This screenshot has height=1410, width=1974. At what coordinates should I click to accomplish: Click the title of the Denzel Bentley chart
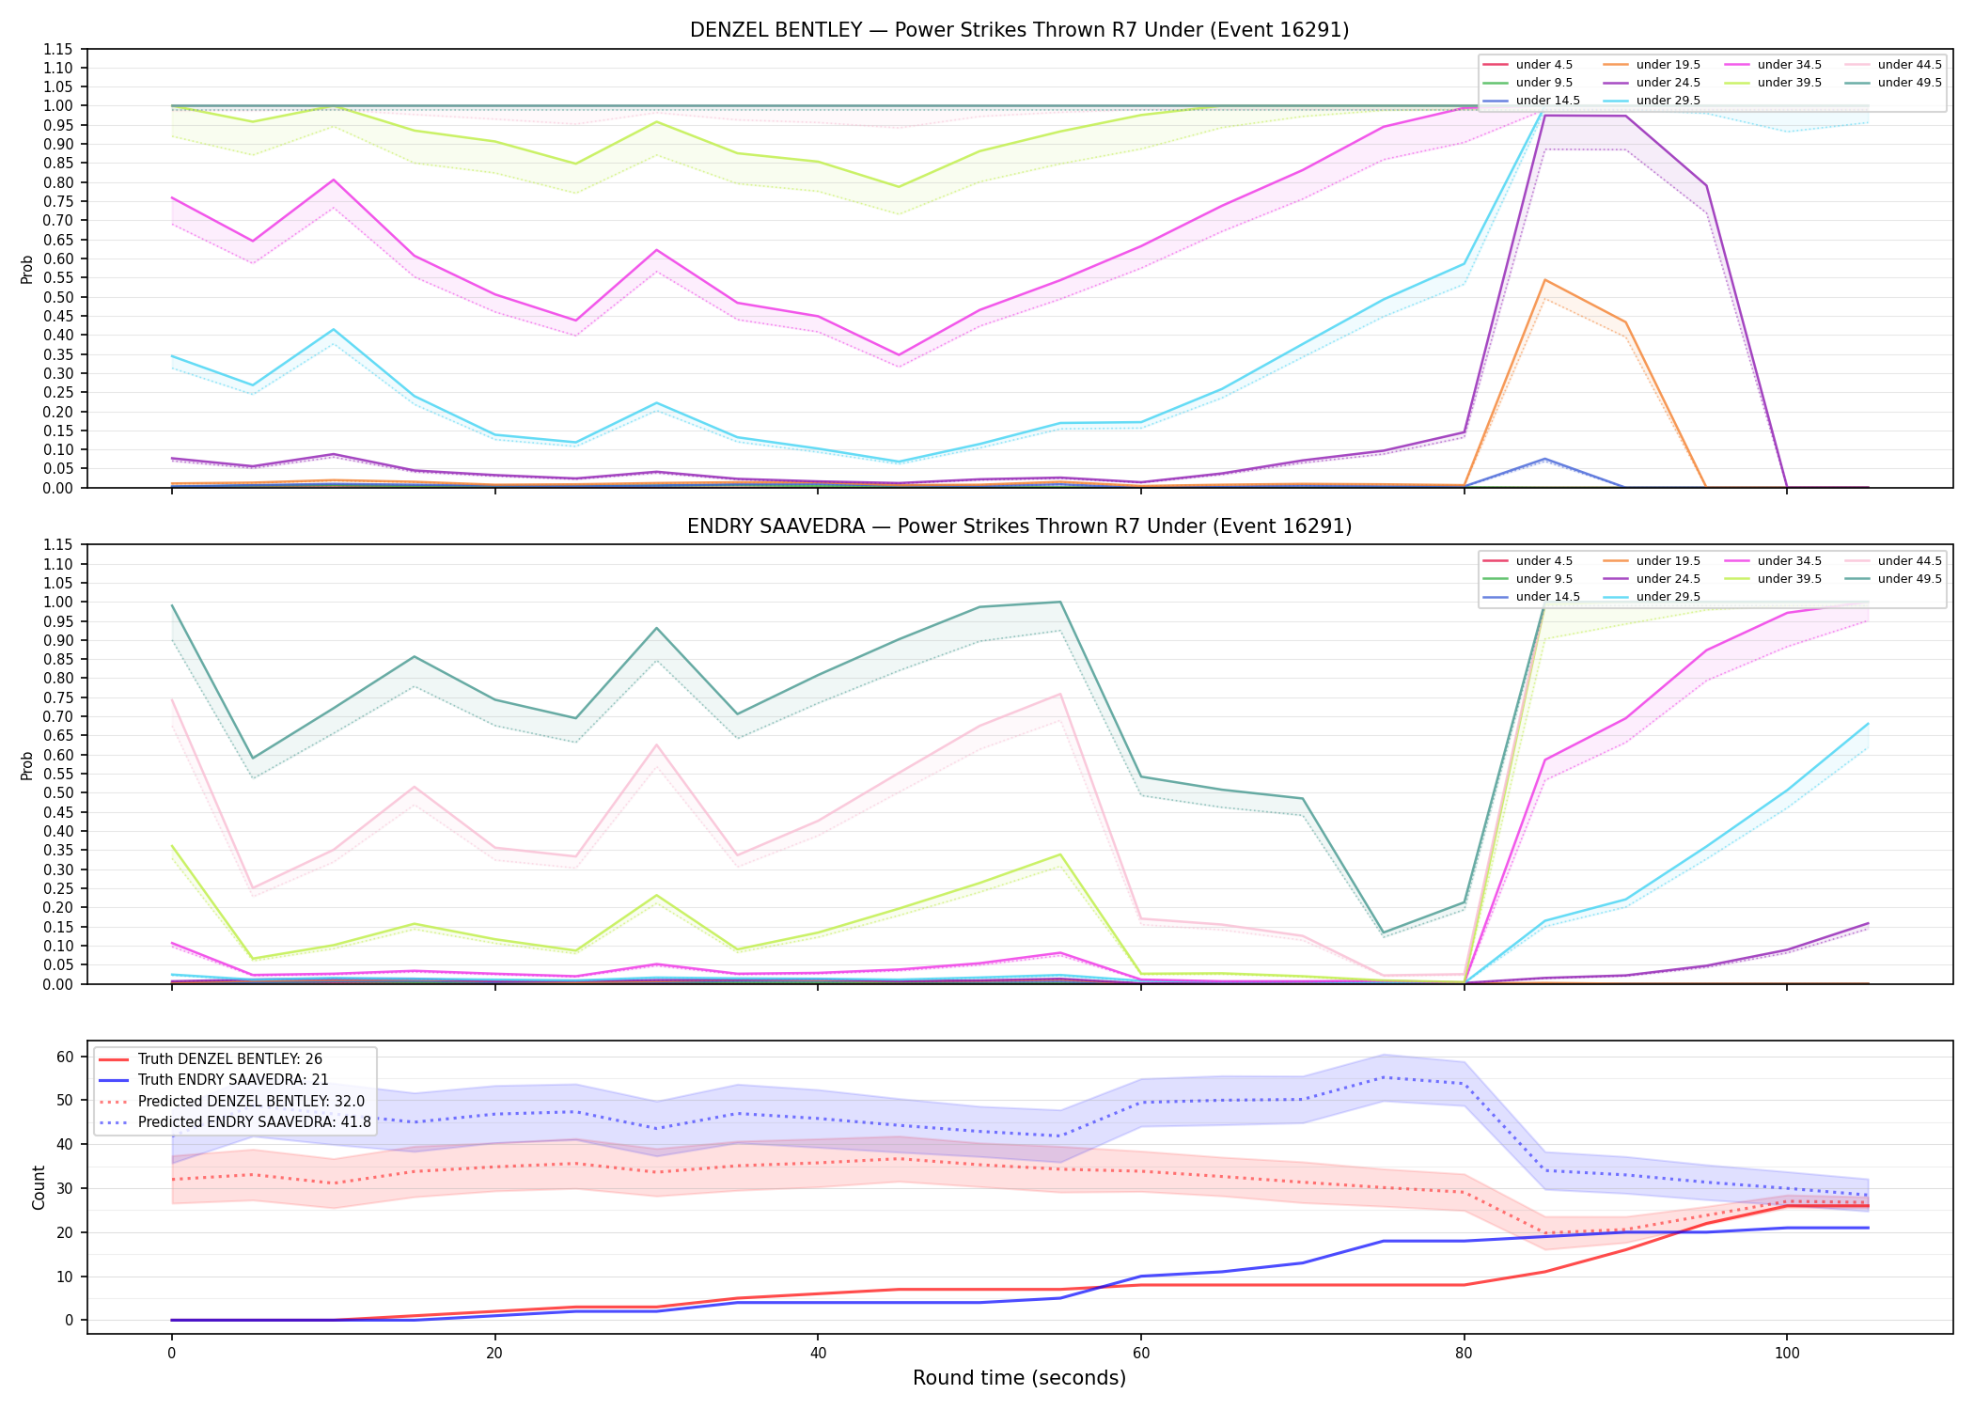pos(1019,30)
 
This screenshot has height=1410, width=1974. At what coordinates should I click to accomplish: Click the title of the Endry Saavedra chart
pos(1019,526)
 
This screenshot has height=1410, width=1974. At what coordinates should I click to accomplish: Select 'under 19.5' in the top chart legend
pos(1668,65)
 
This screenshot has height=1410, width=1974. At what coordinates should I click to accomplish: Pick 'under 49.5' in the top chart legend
pos(1909,83)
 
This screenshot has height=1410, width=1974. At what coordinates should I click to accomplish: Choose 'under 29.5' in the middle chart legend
pos(1668,597)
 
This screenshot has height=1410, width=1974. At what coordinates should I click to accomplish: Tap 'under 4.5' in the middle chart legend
pos(1543,561)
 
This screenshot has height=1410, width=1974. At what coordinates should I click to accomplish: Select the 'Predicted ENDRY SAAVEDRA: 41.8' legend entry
pos(255,1121)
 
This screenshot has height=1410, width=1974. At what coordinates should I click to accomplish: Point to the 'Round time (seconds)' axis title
pos(1019,1378)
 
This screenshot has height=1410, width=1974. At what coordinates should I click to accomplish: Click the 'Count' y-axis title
pos(39,1187)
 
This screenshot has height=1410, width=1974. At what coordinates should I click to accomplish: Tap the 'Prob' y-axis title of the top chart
pos(27,269)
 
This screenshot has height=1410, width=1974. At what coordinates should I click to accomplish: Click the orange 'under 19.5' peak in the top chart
pos(1543,280)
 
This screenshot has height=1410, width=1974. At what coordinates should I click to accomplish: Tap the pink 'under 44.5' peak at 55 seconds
pos(1059,694)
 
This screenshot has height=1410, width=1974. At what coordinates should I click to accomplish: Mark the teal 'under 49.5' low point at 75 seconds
pos(1382,932)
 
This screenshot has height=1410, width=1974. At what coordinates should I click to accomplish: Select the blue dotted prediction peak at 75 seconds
pos(1382,1077)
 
